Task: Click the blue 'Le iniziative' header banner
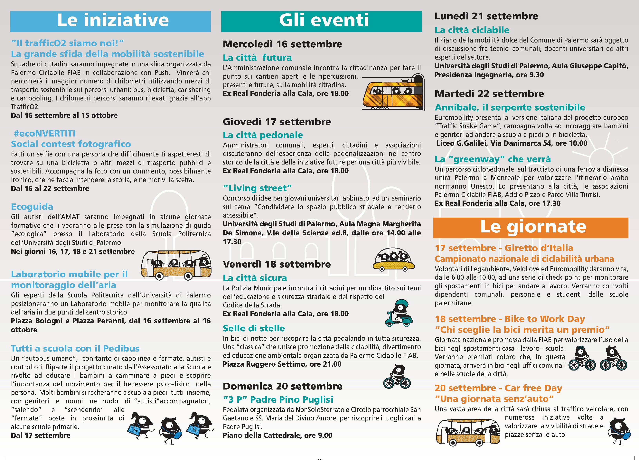110,21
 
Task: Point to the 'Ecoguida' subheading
32,207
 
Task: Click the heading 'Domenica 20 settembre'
282,386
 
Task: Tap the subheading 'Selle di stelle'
254,328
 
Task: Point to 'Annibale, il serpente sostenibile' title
510,107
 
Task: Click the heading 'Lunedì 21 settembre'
486,16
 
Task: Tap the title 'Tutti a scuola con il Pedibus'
75,348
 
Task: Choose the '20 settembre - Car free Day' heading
498,388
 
